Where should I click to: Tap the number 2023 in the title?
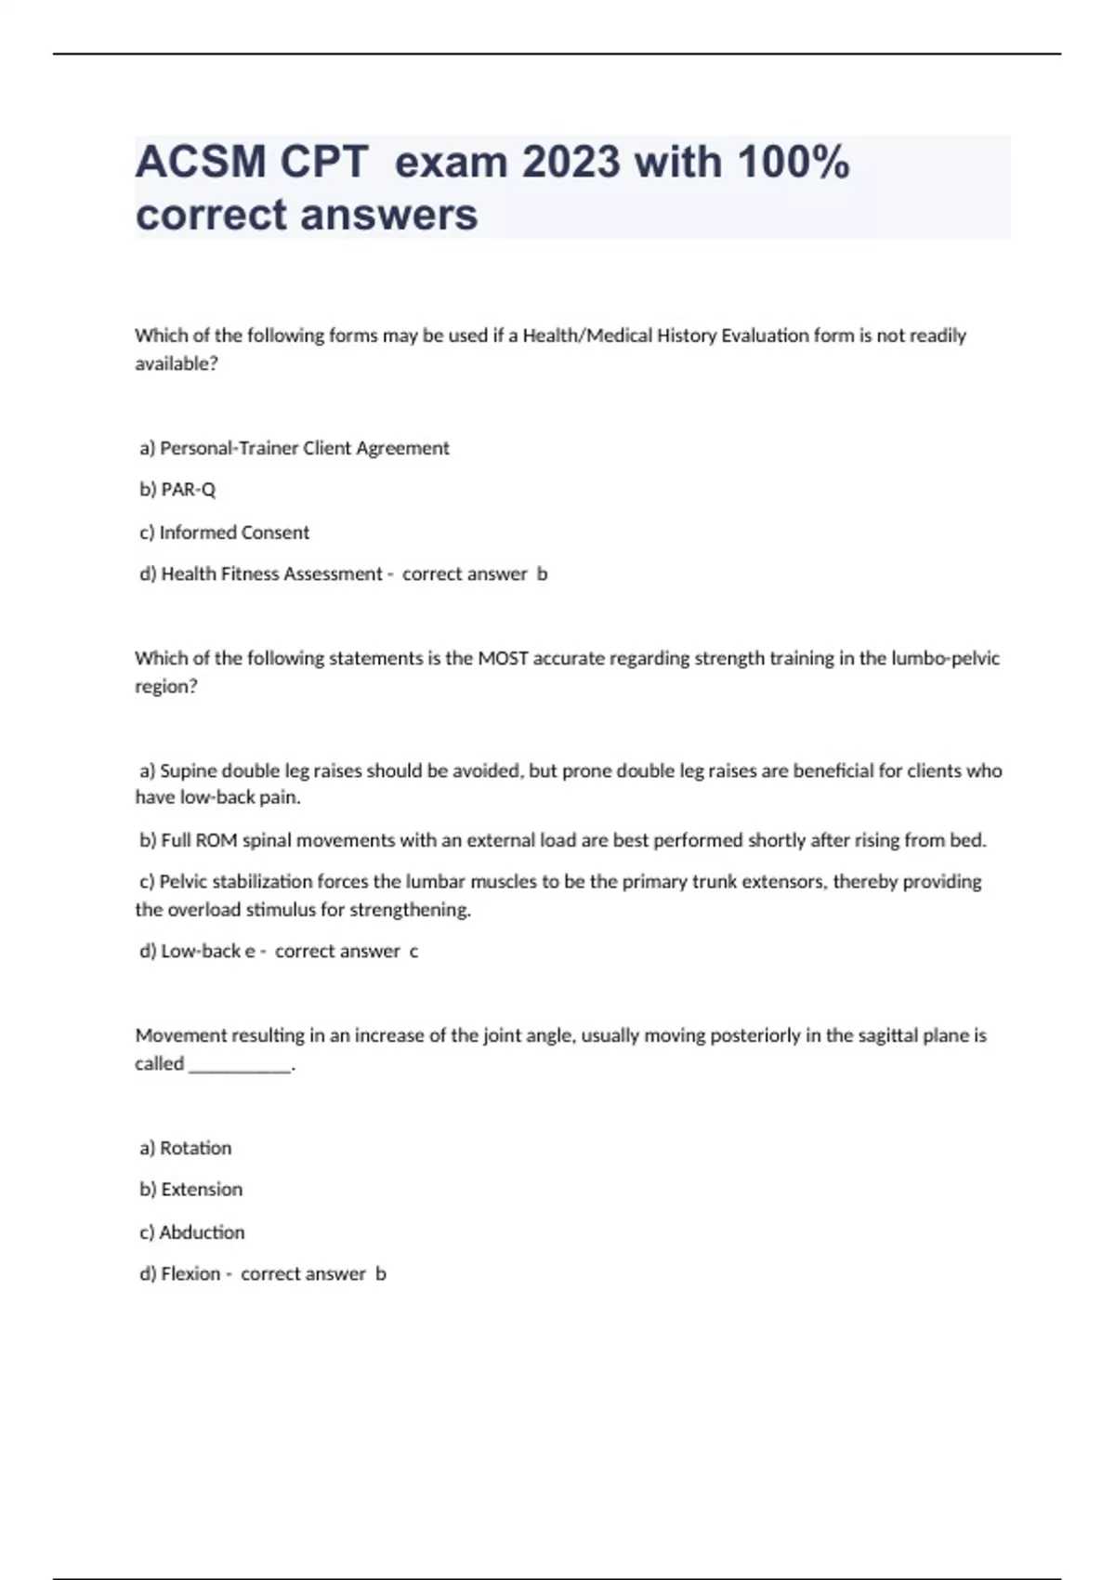571,163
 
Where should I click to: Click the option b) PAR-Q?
177,490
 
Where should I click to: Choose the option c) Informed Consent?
224,533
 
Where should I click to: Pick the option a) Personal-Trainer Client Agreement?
294,448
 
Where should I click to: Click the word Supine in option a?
189,770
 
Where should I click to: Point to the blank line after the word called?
240,1065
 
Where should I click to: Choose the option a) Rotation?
186,1148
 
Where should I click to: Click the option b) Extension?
191,1190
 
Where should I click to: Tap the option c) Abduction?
192,1232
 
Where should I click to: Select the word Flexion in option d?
190,1274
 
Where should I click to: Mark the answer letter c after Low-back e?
413,952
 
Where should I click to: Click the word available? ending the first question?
177,364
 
